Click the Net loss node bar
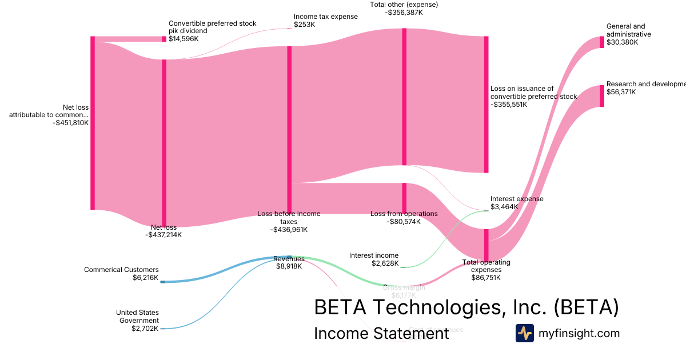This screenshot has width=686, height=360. point(164,143)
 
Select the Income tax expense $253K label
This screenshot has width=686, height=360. point(325,21)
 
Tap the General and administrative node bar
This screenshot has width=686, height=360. point(601,42)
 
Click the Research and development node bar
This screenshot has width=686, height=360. point(601,95)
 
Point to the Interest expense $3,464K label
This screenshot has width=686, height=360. point(517,203)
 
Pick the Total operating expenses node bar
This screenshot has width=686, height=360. point(486,245)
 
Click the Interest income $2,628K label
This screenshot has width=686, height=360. point(374,259)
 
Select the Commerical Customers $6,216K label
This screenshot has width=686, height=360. point(121,274)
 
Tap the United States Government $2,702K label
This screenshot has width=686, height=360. point(137,321)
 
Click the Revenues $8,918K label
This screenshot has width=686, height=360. point(289,262)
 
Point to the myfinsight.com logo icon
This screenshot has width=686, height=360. point(524,333)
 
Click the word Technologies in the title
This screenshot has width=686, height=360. point(437,307)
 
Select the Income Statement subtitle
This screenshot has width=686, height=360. point(381,334)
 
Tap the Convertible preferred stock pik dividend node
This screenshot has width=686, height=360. point(164,39)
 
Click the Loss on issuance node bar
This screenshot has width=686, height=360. point(486,104)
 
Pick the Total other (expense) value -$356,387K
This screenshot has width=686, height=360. point(404,13)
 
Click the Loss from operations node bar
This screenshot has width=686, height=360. point(404,198)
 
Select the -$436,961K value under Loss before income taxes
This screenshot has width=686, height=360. point(289,230)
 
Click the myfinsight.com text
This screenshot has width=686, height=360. point(579,333)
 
